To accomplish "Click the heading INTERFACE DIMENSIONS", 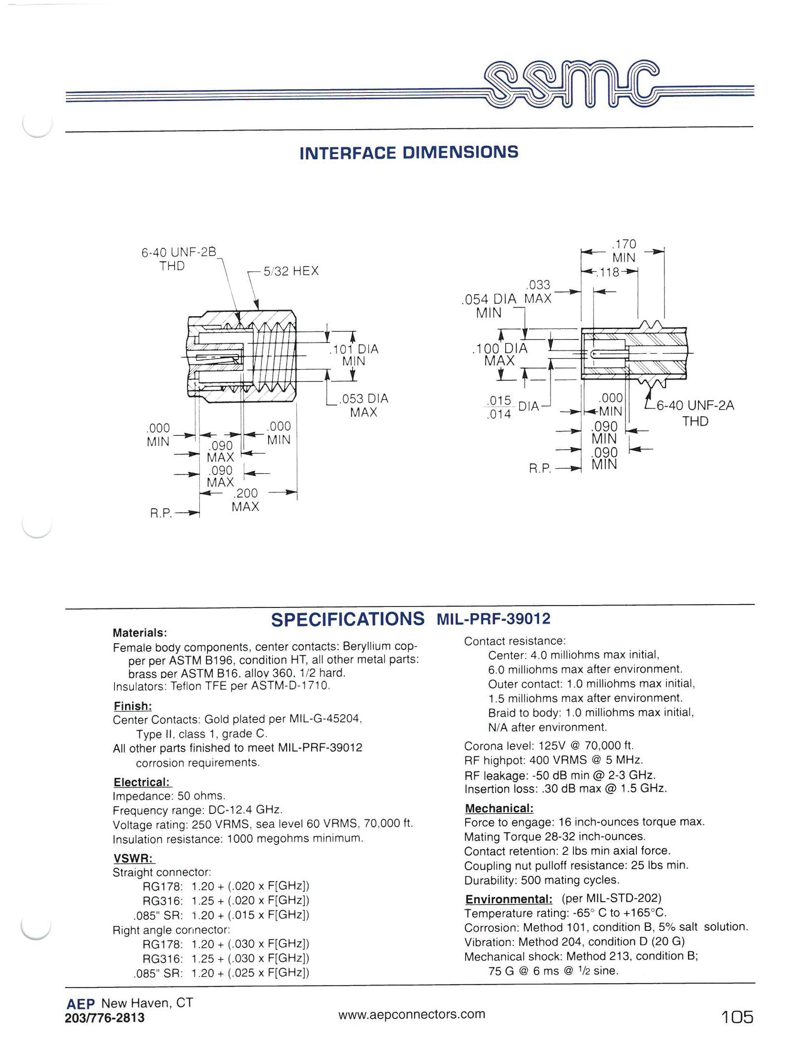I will pos(409,153).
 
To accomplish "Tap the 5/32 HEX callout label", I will pos(291,271).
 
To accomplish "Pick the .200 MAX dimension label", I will pos(245,500).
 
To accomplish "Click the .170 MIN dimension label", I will pos(624,251).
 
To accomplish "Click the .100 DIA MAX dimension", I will pos(499,354).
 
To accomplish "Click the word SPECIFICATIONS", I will pos(347,619).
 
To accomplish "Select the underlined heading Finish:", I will pos(133,706).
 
